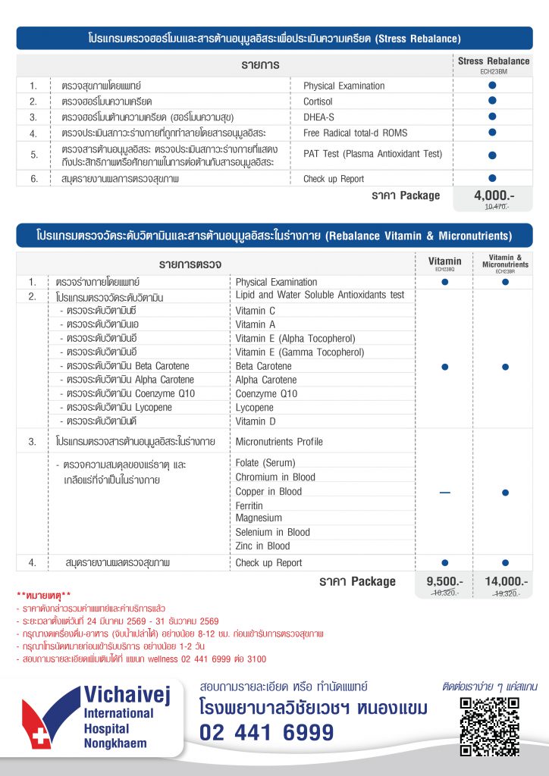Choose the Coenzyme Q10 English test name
266,394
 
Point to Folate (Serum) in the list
265,463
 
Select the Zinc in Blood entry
262,546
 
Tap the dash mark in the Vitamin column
444,493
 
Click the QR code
489,725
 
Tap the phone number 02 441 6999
266,733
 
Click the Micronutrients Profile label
278,442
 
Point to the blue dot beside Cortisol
492,101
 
